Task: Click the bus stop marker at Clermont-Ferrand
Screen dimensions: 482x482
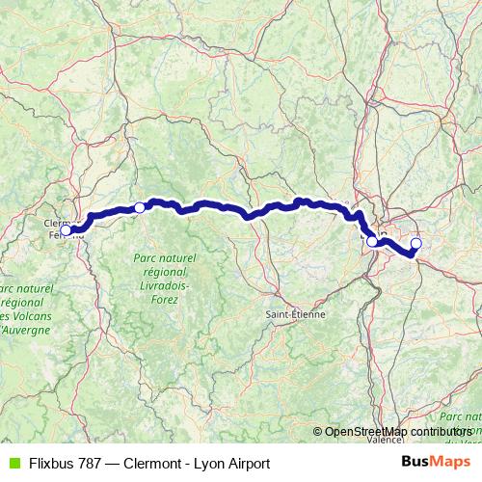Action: click(x=66, y=229)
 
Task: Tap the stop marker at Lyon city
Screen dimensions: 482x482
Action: click(x=372, y=241)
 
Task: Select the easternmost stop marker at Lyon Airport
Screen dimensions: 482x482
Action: click(x=416, y=243)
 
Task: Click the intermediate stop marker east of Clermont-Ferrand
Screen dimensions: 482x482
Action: click(x=140, y=207)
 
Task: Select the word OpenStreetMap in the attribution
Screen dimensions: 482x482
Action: click(x=367, y=431)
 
